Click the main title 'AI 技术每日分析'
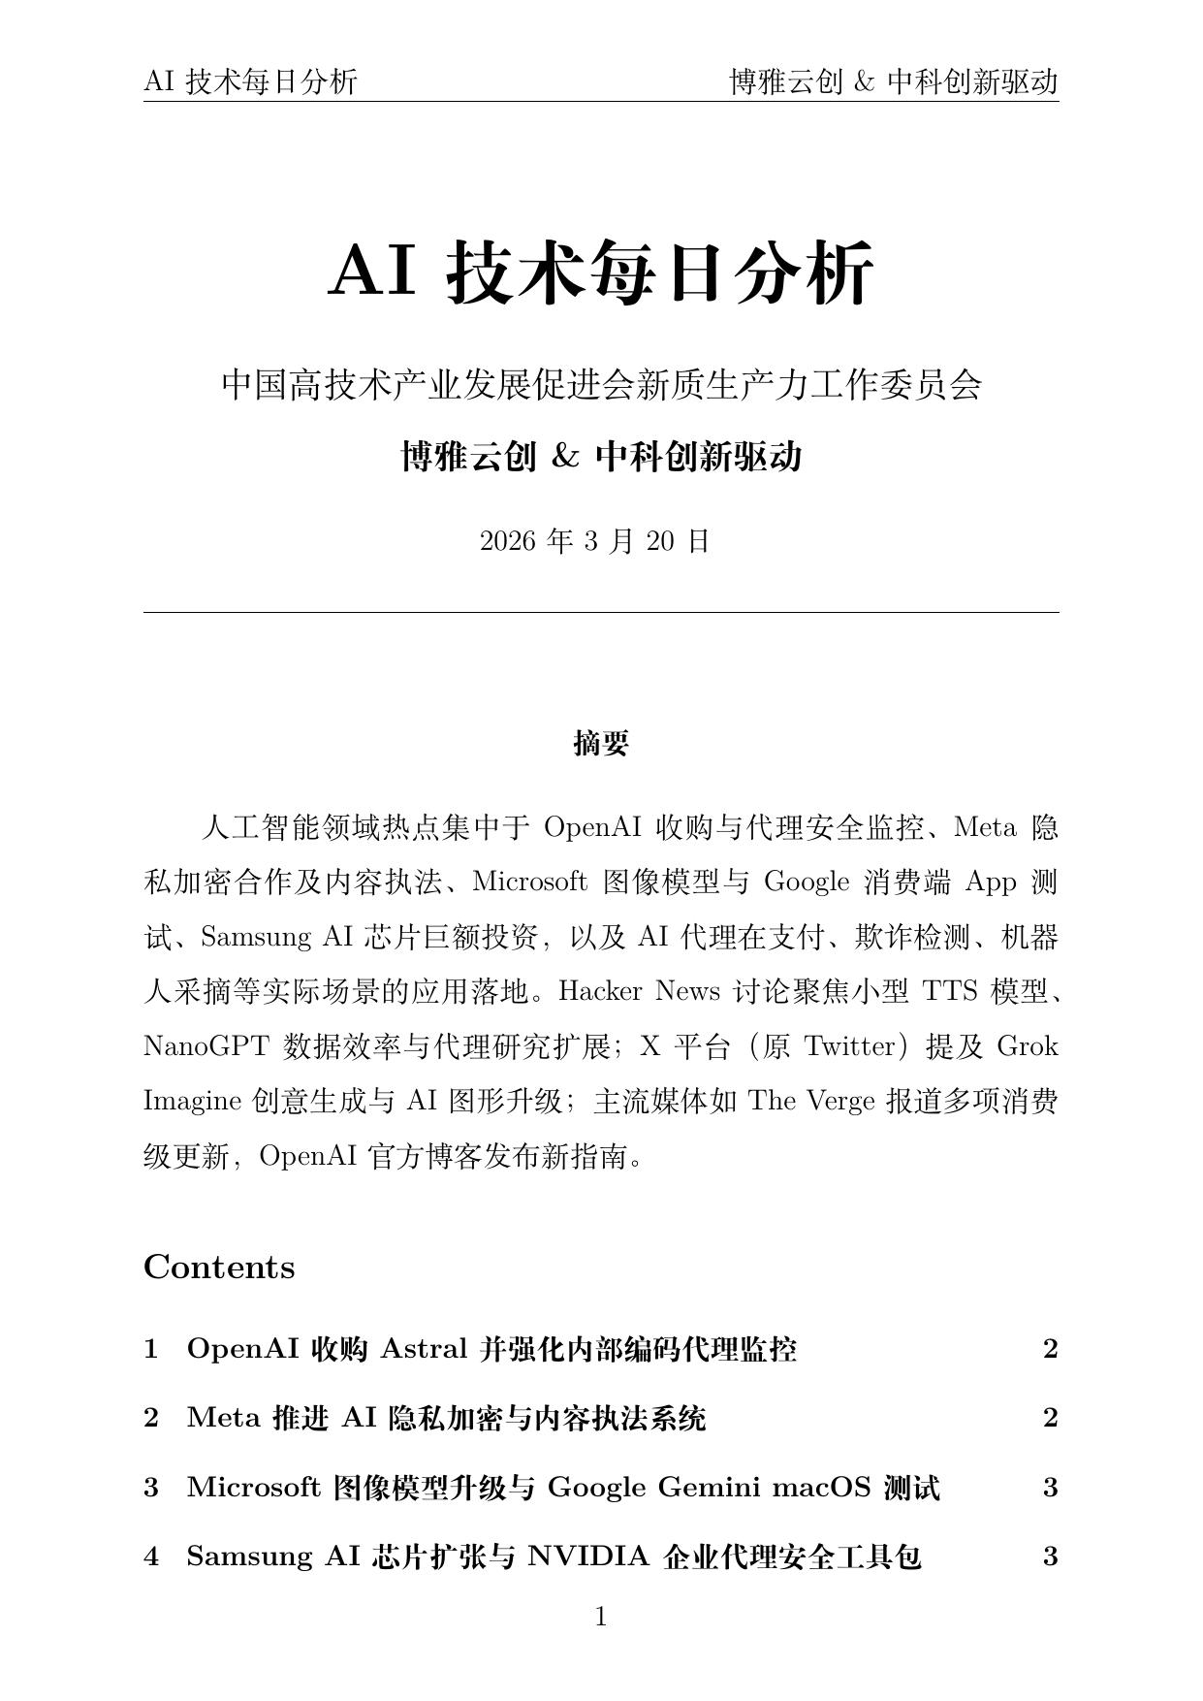tap(601, 273)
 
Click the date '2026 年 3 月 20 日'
tap(595, 541)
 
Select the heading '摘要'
tap(601, 744)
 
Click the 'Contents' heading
tap(219, 1268)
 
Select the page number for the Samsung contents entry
tap(1050, 1557)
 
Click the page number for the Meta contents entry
tap(1050, 1418)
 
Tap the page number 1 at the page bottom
tap(601, 1617)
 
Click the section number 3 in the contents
tap(151, 1488)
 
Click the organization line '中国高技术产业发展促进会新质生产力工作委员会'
tap(601, 385)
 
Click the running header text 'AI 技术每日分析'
tap(250, 82)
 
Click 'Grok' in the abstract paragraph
tap(1028, 1046)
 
